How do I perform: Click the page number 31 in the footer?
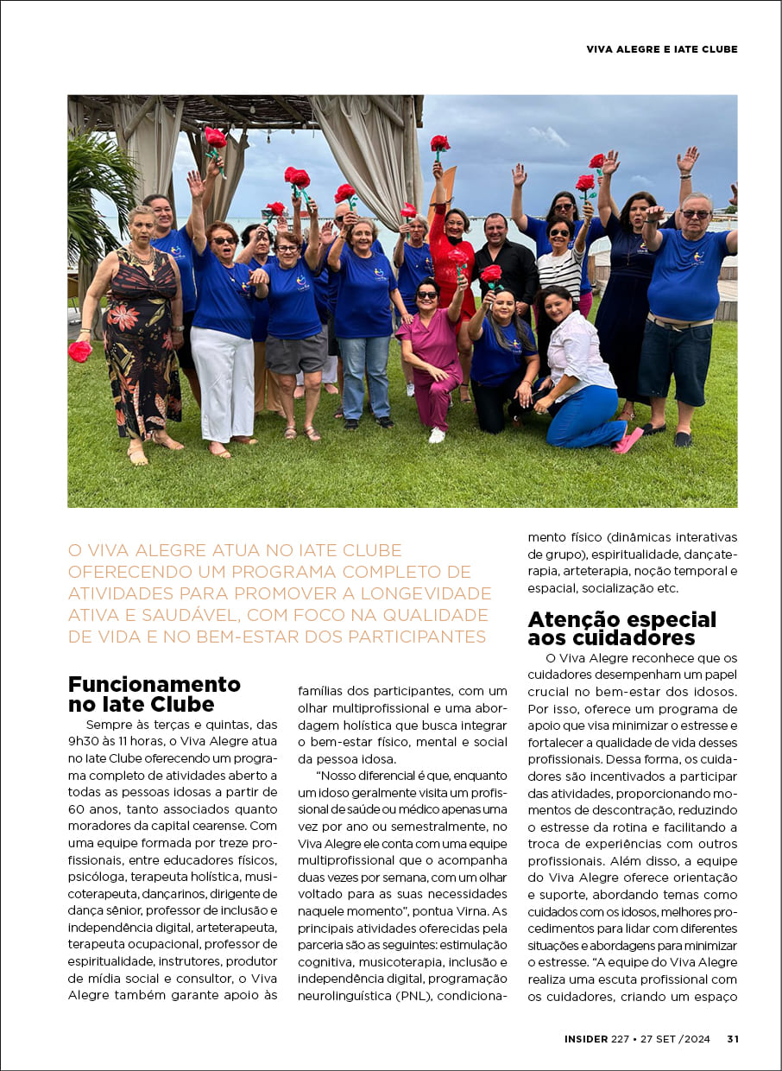(x=733, y=1039)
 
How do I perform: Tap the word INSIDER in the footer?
(x=586, y=1039)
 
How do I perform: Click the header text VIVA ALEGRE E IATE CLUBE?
(x=662, y=49)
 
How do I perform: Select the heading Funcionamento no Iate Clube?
(x=154, y=694)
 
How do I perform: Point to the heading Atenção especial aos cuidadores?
(x=621, y=628)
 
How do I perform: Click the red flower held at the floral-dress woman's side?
(x=79, y=351)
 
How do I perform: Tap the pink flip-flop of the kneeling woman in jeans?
(x=627, y=440)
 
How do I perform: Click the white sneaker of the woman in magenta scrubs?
(x=437, y=434)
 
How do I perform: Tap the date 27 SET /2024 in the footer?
(x=676, y=1039)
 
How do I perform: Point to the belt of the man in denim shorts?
(x=679, y=324)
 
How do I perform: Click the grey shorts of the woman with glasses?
(x=295, y=352)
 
